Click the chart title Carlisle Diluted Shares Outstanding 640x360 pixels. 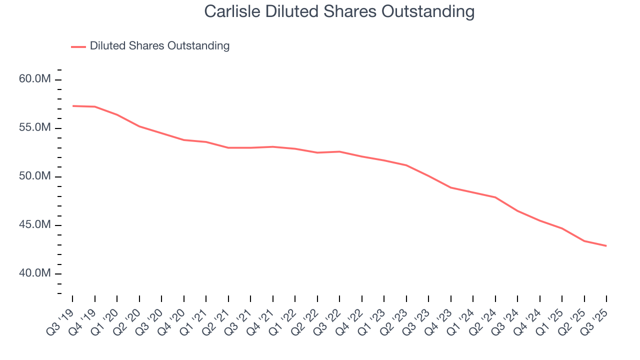(339, 11)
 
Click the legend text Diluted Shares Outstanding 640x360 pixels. (159, 46)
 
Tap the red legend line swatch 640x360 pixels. (78, 46)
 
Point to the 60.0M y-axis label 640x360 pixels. (35, 79)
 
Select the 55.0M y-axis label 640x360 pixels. (35, 127)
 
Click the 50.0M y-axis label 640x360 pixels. (35, 176)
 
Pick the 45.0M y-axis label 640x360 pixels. (35, 224)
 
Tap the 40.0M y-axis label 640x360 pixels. (35, 273)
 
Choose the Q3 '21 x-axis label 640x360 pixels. (239, 320)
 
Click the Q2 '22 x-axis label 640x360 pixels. (306, 320)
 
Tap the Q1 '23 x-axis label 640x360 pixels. (373, 320)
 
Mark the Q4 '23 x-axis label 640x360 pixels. (440, 320)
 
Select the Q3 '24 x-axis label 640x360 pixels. (506, 320)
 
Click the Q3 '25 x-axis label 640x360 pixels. (595, 320)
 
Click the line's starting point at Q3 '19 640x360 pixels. (72, 106)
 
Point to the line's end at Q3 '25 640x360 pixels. (606, 246)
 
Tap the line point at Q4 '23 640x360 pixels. (451, 187)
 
